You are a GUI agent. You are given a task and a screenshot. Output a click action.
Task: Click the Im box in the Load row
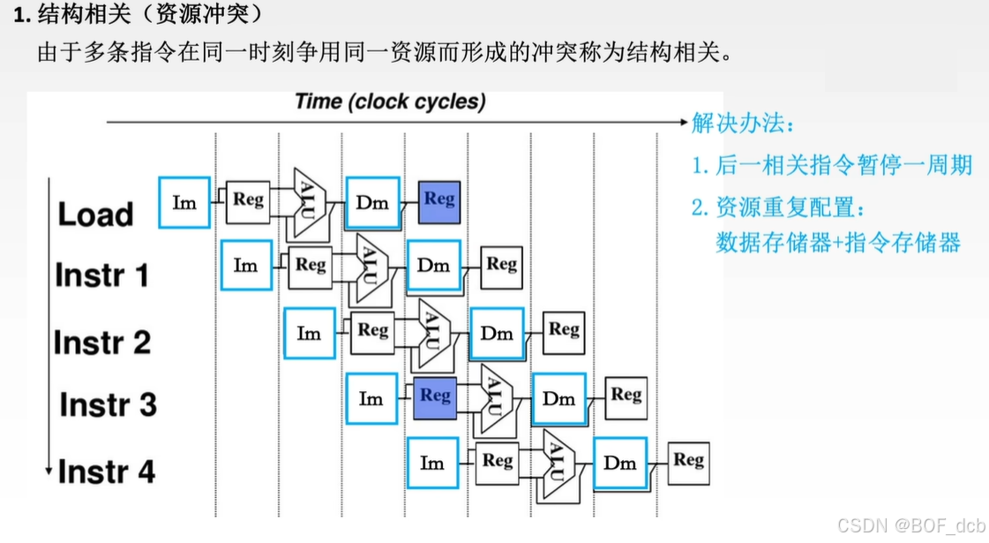184,203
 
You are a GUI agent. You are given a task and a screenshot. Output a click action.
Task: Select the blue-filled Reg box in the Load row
438,200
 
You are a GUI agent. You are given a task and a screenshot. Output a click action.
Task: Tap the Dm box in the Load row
372,203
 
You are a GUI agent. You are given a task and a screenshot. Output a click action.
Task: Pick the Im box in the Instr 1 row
246,265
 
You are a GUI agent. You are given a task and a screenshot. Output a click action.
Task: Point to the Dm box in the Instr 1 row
433,265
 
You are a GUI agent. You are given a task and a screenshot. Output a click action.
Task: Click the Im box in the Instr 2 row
309,333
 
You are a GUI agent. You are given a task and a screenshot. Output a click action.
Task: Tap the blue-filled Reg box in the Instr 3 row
434,396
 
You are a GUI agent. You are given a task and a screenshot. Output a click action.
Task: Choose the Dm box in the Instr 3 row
558,399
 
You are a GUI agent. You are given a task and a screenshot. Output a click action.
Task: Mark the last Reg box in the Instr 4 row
688,461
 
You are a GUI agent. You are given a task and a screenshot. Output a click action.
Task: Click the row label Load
95,215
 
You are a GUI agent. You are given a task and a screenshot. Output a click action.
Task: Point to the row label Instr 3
108,405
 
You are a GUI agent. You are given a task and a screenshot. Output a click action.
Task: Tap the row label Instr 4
106,471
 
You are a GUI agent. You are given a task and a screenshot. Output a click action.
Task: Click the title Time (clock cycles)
390,102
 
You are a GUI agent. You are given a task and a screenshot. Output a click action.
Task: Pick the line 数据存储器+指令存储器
837,243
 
